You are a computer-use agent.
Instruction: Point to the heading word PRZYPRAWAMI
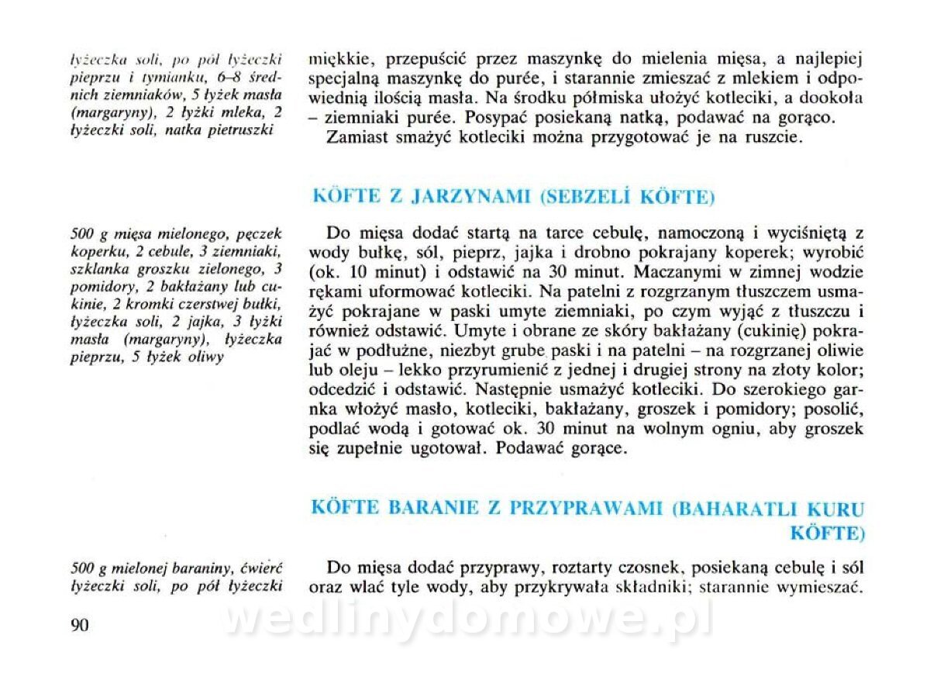click(x=587, y=509)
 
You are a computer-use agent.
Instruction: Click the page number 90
click(x=80, y=626)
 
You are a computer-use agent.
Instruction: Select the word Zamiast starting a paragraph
click(x=359, y=139)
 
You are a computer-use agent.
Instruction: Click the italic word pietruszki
click(x=243, y=130)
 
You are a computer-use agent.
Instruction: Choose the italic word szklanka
click(x=98, y=268)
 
